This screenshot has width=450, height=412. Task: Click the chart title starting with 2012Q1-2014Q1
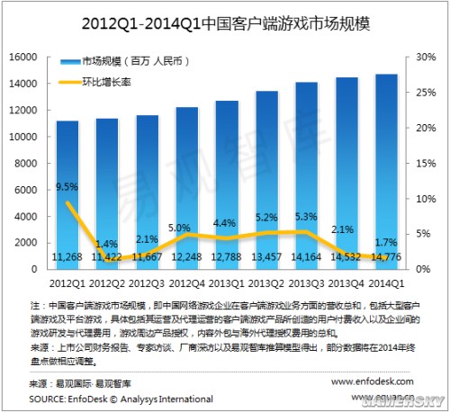point(225,21)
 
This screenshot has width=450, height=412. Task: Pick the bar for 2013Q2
point(267,180)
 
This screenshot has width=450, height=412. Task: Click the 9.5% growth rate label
point(67,187)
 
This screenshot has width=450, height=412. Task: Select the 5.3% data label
point(305,217)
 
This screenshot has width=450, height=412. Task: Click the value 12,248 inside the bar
point(189,257)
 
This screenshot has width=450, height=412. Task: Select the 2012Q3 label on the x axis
point(149,282)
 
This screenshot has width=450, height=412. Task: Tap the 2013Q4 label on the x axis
point(346,282)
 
